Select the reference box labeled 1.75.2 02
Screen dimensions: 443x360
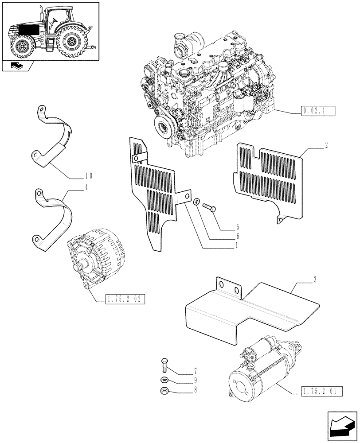click(125, 299)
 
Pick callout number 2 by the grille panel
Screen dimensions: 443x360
click(326, 146)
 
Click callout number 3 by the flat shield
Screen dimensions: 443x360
click(315, 279)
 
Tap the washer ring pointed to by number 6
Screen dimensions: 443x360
click(196, 202)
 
